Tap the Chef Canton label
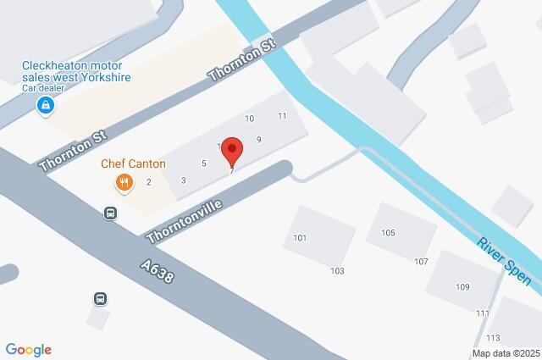pyautogui.click(x=133, y=163)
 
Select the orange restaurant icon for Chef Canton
pyautogui.click(x=124, y=182)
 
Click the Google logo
pyautogui.click(x=28, y=350)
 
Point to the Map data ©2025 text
pyautogui.click(x=506, y=353)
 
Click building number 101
pyautogui.click(x=300, y=238)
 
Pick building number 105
pyautogui.click(x=388, y=233)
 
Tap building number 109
pyautogui.click(x=462, y=287)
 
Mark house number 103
pyautogui.click(x=338, y=271)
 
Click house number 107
pyautogui.click(x=421, y=262)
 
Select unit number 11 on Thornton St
pyautogui.click(x=282, y=116)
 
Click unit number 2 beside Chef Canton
pyautogui.click(x=149, y=181)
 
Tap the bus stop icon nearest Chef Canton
pyautogui.click(x=110, y=213)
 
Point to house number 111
pyautogui.click(x=483, y=313)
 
